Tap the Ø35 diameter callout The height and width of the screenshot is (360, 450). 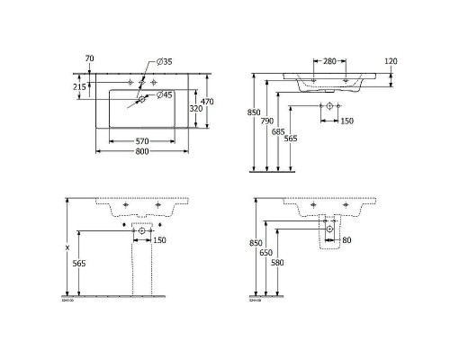tap(165, 61)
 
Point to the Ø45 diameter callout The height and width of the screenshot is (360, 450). tap(165, 94)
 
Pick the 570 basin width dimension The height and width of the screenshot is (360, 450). tap(137, 141)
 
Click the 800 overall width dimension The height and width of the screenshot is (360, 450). tap(137, 153)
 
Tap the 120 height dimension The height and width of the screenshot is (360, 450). tap(391, 62)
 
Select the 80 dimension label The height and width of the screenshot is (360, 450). tap(345, 239)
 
